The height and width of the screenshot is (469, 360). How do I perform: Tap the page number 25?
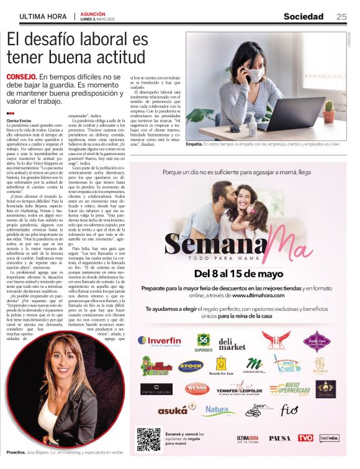[x=342, y=17]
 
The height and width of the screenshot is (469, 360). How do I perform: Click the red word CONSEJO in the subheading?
[x=22, y=76]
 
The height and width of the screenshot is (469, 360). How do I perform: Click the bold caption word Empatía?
[x=194, y=144]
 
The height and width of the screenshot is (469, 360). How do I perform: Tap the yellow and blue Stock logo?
[x=191, y=365]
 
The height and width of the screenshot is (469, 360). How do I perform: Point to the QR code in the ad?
[x=148, y=438]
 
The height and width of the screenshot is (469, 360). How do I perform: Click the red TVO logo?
[x=305, y=438]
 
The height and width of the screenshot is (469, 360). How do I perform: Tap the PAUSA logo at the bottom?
[x=279, y=438]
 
